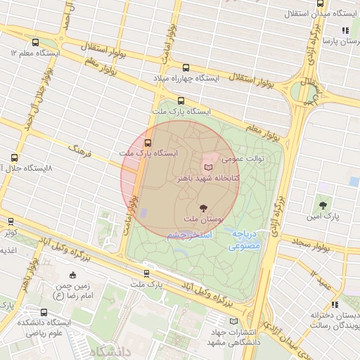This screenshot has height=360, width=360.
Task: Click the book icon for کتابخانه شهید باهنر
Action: click(208, 167)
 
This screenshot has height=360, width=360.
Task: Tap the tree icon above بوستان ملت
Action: click(204, 207)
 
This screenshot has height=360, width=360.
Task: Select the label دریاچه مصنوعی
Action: click(245, 240)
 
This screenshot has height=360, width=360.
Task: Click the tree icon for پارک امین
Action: click(323, 205)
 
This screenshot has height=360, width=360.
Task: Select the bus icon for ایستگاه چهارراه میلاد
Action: click(186, 68)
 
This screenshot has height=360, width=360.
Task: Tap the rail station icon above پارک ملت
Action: click(146, 273)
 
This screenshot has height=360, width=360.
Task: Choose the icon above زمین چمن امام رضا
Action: click(73, 274)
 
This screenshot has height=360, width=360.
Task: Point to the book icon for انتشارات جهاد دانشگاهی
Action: click(215, 319)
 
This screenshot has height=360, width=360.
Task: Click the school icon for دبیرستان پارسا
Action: click(345, 30)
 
